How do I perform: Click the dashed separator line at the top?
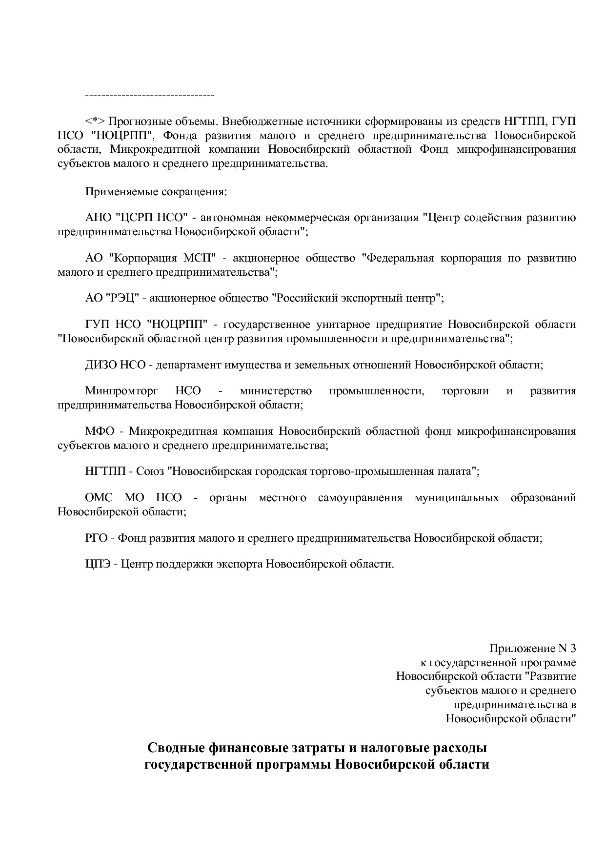[x=150, y=95]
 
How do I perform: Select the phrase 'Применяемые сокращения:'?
[x=156, y=191]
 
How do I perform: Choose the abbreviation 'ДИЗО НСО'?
[x=115, y=365]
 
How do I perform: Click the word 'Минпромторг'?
[x=116, y=391]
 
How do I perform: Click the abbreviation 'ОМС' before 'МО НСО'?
[x=99, y=498]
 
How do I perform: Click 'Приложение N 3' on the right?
[x=532, y=649]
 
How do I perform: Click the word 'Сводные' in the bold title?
[x=176, y=748]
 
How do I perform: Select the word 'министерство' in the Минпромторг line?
[x=276, y=391]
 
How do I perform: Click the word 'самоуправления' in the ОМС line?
[x=360, y=498]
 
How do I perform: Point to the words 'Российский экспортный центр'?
[x=356, y=298]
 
